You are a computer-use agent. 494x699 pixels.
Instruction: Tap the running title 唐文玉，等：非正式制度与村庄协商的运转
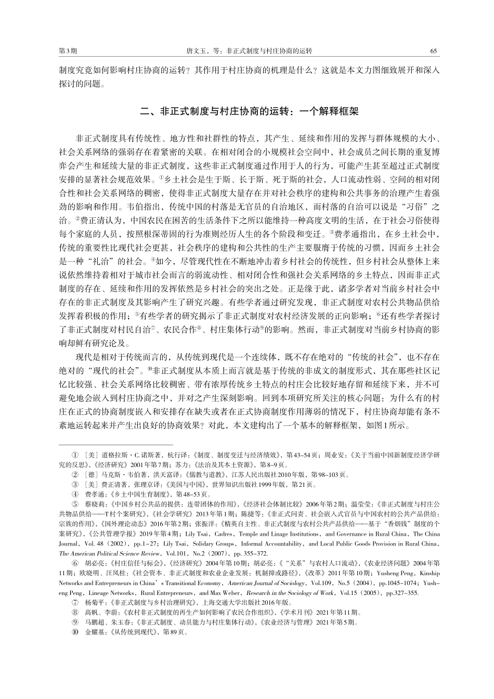point(249,51)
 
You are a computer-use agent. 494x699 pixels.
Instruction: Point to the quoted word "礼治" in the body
point(110,260)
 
